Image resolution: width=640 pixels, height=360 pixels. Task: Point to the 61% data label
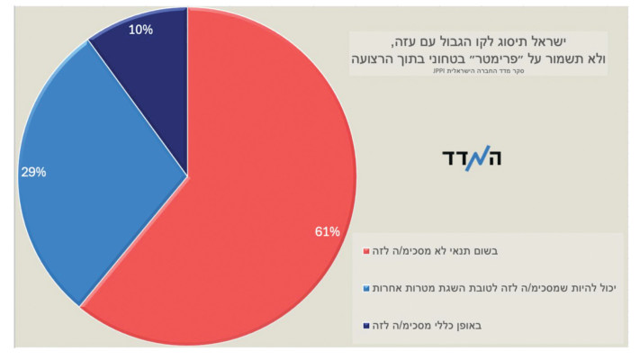click(x=327, y=232)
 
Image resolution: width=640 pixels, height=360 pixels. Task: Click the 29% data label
click(x=33, y=172)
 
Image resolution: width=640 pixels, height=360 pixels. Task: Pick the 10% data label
click(x=140, y=30)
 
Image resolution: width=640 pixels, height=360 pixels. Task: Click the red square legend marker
click(x=365, y=251)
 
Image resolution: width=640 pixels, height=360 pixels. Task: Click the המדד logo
click(x=472, y=158)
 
